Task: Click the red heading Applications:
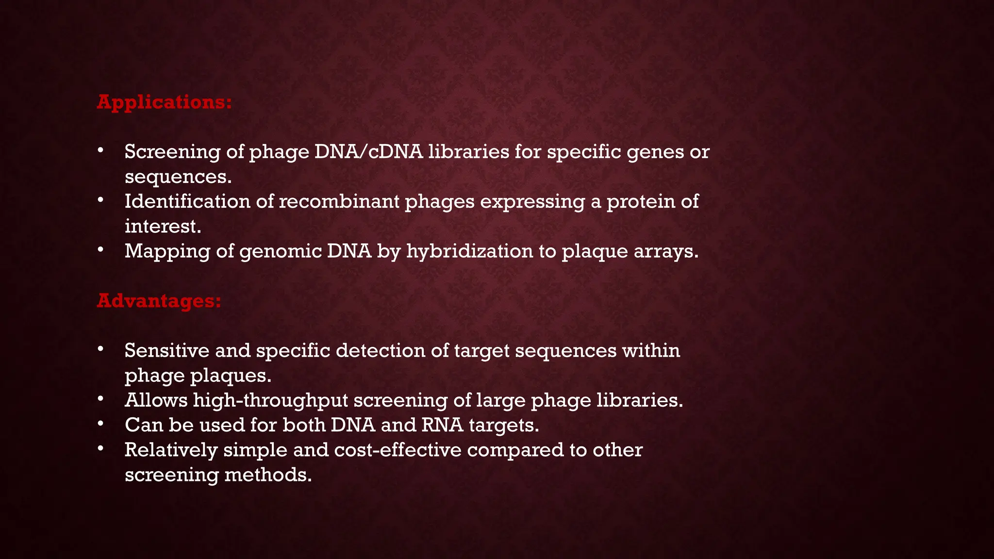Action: [164, 102]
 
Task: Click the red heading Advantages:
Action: [159, 301]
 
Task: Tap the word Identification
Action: [187, 201]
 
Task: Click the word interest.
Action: [163, 226]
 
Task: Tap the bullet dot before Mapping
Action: [100, 249]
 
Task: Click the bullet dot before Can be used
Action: [100, 424]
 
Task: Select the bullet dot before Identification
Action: [100, 200]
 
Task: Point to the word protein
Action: [640, 201]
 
